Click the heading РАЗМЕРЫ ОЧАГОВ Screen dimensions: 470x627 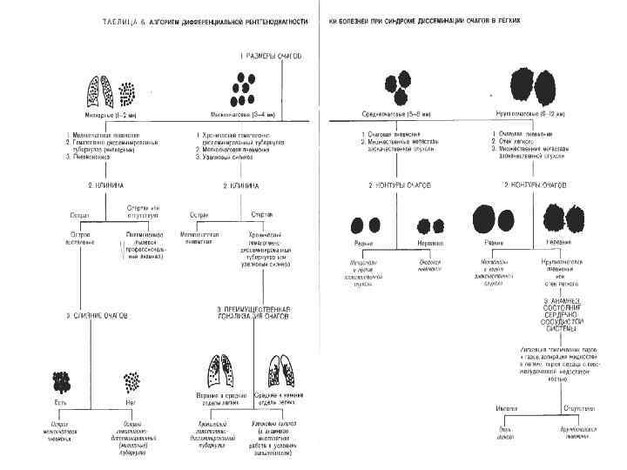tap(273, 55)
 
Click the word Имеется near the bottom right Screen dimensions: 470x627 tap(497, 406)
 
